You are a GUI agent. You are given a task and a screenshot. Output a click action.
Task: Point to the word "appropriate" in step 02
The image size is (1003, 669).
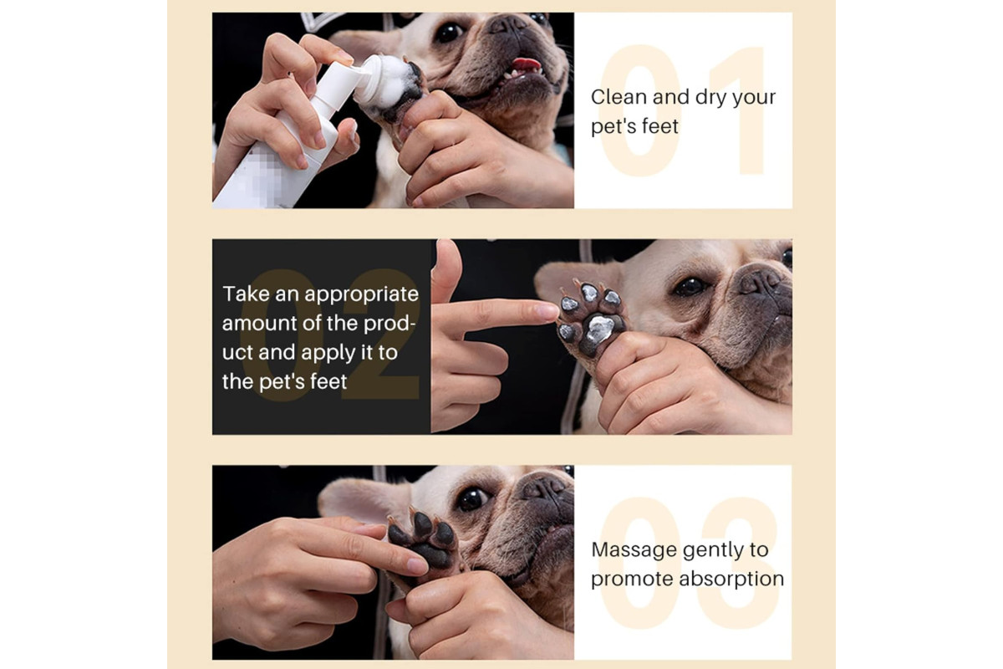point(361,295)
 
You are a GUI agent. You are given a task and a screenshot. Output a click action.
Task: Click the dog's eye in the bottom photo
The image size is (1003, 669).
point(472,498)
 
